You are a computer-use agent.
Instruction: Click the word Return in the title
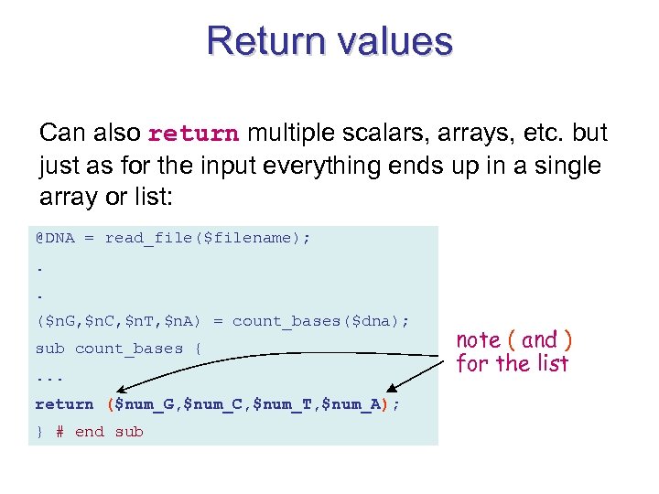[265, 42]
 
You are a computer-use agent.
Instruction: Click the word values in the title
[394, 42]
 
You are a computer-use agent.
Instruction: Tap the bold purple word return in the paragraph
[193, 134]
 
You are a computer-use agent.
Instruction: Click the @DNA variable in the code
[55, 238]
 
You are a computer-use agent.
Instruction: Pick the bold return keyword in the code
[64, 403]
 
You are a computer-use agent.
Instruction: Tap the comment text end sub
[109, 432]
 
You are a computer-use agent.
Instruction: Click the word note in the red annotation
[478, 340]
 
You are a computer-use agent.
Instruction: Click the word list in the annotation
[552, 364]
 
